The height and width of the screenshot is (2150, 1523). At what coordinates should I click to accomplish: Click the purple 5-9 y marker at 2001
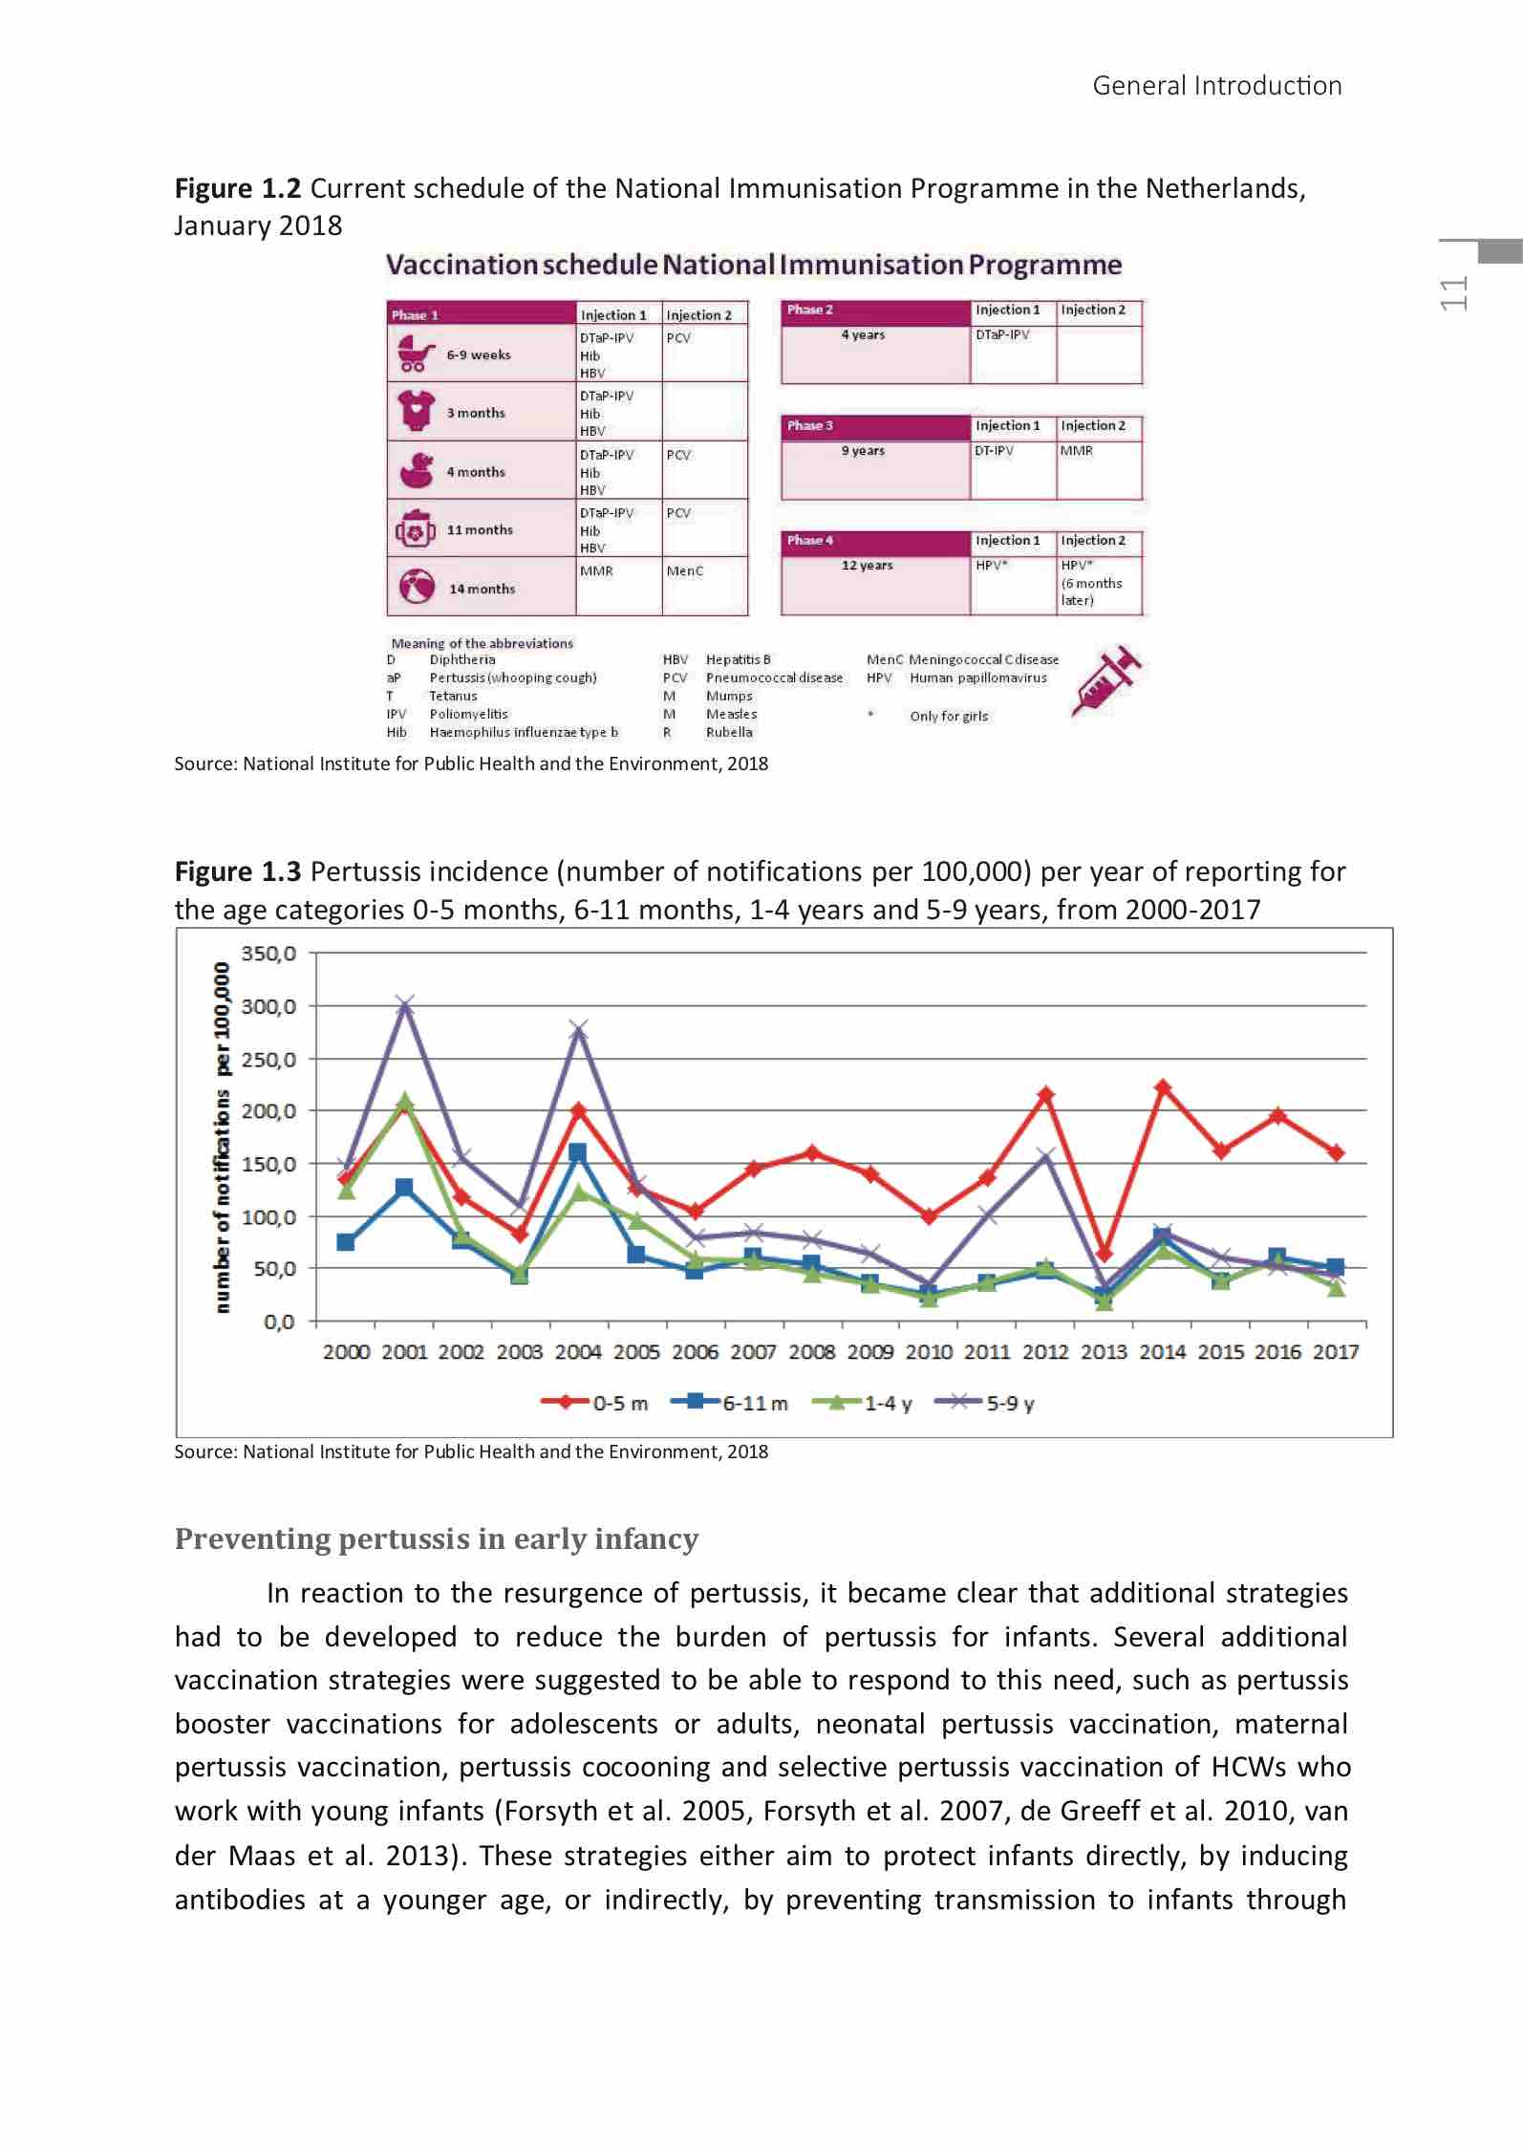(405, 1004)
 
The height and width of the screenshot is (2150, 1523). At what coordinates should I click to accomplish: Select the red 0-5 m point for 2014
(1163, 1087)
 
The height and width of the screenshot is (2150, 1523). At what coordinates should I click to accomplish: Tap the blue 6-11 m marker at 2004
(578, 1152)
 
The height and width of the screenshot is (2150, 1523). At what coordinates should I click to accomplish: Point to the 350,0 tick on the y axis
(268, 954)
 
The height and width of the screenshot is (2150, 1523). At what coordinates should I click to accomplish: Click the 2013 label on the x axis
(1104, 1352)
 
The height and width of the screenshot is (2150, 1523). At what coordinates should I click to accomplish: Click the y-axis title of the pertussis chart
(223, 1137)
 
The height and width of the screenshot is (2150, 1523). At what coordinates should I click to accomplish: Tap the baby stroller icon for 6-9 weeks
(415, 355)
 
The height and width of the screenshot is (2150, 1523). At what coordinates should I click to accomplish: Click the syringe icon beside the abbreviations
(1106, 680)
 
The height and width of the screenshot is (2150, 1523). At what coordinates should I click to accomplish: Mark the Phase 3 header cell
(874, 426)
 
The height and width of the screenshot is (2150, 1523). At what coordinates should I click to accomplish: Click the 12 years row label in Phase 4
(867, 566)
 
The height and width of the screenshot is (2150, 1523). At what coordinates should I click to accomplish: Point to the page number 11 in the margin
(1454, 293)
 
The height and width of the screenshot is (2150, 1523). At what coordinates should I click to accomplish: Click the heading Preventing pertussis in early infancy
(437, 1539)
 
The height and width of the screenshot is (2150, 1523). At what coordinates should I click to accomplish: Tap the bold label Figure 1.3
(238, 871)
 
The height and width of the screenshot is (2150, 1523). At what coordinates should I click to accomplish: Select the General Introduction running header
(1216, 86)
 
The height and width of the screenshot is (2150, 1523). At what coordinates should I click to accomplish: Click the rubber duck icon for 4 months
(416, 470)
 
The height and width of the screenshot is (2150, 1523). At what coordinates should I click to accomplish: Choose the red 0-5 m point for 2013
(1104, 1254)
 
